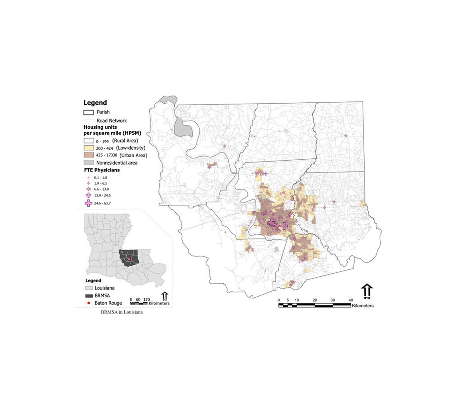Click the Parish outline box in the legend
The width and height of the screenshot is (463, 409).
tap(89, 112)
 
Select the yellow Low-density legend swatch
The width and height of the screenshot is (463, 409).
tap(89, 148)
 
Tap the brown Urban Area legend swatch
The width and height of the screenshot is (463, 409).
tap(89, 155)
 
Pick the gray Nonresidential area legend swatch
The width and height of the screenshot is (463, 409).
tap(89, 162)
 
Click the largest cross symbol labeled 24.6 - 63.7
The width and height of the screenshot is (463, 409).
tap(89, 203)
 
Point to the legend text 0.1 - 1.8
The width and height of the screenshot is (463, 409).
tap(100, 178)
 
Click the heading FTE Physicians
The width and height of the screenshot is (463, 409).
tap(101, 170)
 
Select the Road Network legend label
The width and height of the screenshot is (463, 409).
tap(112, 121)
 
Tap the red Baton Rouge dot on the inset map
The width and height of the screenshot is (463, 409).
tap(129, 259)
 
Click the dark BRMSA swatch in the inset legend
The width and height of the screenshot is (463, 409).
tap(89, 296)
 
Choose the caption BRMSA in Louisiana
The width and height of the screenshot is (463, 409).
tap(122, 312)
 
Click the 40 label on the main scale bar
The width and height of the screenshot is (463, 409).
tap(351, 300)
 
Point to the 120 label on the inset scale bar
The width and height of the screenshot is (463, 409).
tap(146, 300)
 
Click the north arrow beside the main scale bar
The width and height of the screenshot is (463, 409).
tap(367, 291)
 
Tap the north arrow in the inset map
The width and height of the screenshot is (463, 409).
tap(165, 296)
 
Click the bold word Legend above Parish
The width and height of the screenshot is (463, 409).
tap(95, 103)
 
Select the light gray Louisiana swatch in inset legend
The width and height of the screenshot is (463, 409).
tap(89, 288)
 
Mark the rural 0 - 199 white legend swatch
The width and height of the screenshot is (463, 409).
tap(89, 141)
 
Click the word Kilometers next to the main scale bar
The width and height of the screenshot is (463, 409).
tap(363, 306)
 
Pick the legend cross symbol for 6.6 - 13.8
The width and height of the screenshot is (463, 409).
tap(89, 189)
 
